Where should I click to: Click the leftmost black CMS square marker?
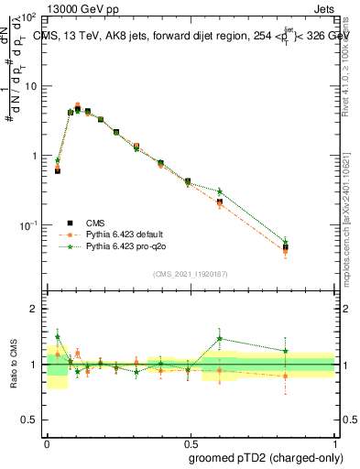[58, 170]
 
